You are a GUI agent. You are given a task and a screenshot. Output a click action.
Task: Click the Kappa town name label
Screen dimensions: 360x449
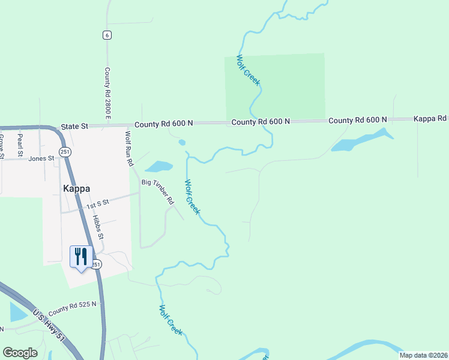point(76,188)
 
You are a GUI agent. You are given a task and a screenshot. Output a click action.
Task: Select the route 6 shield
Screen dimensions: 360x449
point(107,35)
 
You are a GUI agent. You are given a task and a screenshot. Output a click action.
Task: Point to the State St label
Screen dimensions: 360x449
point(74,127)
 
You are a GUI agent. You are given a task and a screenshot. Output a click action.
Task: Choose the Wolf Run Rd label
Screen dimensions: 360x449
point(128,148)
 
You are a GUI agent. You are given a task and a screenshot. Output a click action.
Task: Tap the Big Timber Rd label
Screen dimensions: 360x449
point(157,191)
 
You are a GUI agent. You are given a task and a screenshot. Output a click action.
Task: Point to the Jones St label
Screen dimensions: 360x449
point(41,158)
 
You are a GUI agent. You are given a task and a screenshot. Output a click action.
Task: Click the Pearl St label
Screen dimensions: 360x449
point(20,144)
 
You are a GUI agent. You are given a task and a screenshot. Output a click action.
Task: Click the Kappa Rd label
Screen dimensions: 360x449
point(430,119)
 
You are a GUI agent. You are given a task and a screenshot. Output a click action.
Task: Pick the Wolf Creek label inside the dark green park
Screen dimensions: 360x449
point(248,70)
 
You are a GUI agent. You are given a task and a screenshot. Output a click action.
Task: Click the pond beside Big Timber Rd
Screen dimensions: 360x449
point(158,166)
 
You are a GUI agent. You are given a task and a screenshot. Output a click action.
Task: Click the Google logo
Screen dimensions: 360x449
point(20,353)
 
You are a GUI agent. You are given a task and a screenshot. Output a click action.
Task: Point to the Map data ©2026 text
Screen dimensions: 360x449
point(424,355)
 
